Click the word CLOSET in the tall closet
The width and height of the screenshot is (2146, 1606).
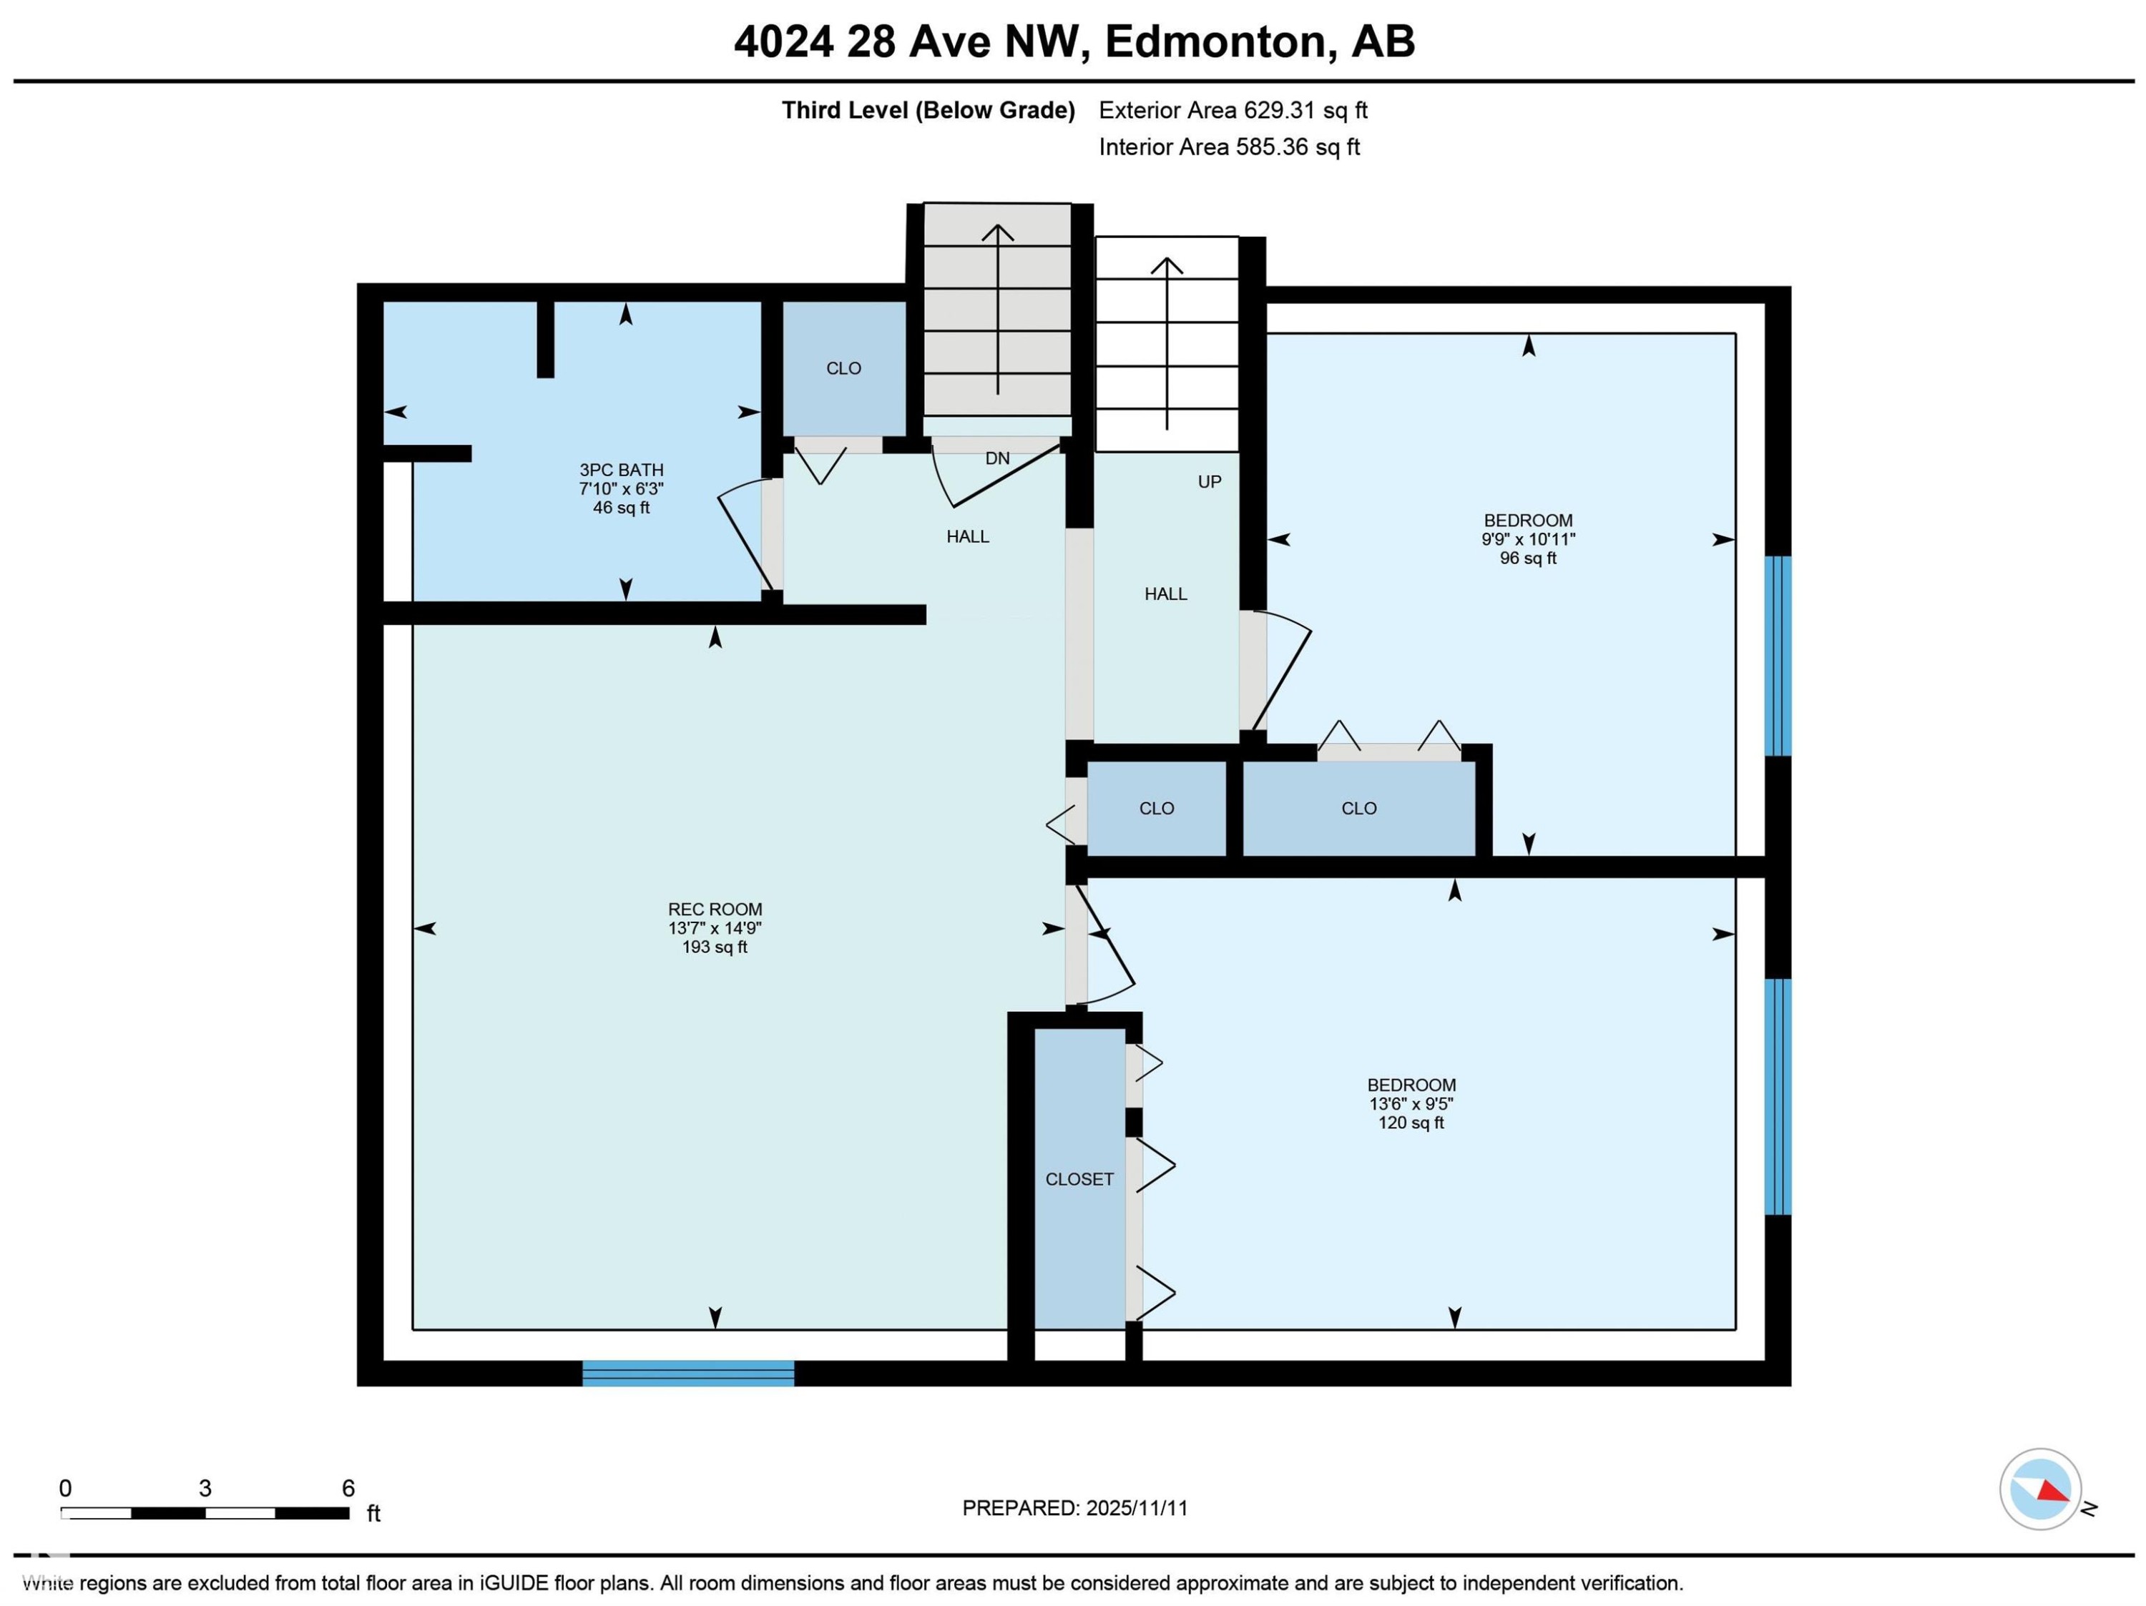1079,1179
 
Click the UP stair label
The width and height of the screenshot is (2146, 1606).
1209,482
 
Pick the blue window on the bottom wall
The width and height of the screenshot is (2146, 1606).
688,1372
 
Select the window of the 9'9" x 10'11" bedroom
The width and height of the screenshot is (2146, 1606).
1778,656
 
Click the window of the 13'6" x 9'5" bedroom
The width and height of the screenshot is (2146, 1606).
1778,1096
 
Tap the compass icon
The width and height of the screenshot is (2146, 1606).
2039,1489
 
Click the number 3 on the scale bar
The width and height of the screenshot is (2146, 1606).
205,1489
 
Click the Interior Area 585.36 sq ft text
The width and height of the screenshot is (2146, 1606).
1228,147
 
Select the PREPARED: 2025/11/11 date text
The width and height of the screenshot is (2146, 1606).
1074,1508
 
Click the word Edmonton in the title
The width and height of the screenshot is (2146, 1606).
1215,41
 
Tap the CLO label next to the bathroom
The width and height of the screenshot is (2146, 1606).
843,368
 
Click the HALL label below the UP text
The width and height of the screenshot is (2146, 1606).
1165,594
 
